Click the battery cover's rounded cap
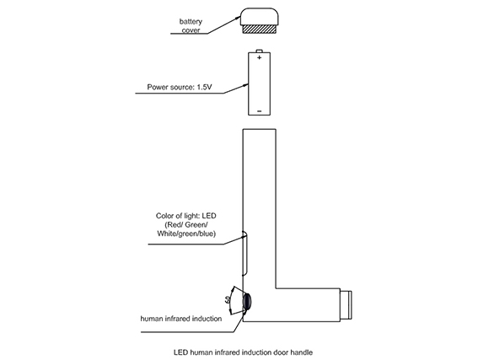click(x=259, y=17)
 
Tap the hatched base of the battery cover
click(x=259, y=30)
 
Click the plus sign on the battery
click(x=259, y=57)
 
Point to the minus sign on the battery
click(x=259, y=111)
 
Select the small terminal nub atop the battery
click(x=259, y=51)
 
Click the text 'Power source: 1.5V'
click(x=180, y=87)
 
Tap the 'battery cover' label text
click(x=191, y=26)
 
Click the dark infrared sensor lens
click(x=248, y=302)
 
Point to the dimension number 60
click(x=228, y=300)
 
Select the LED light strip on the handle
click(x=245, y=253)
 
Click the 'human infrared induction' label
click(x=181, y=319)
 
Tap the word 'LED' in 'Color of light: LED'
click(x=209, y=216)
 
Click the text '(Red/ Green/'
click(x=186, y=224)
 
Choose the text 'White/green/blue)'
click(x=186, y=234)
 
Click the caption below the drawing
click(x=244, y=352)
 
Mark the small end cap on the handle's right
click(x=346, y=305)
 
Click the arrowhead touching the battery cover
click(x=236, y=19)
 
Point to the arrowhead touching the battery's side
click(x=245, y=85)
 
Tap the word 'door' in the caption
click(x=281, y=352)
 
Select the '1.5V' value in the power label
click(x=204, y=87)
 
